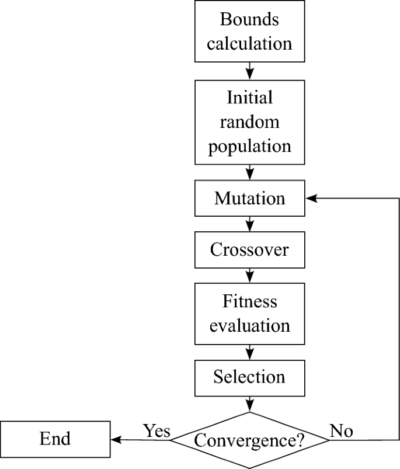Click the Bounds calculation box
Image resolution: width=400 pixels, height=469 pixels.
pos(250,32)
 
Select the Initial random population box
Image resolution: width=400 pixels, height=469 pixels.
pos(250,121)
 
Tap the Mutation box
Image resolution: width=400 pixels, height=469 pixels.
pos(250,198)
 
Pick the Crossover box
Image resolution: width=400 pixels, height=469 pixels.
pos(250,249)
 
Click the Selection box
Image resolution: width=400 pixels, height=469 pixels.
pos(250,377)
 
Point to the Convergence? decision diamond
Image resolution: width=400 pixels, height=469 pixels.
pos(250,439)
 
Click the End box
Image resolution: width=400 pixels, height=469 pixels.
pos(55,439)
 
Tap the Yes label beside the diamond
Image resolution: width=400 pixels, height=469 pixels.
pos(156,431)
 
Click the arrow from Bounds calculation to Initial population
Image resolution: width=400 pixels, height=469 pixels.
pos(250,71)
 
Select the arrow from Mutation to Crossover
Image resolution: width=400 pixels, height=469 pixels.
pos(250,224)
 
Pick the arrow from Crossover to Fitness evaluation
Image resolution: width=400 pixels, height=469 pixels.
pos(250,275)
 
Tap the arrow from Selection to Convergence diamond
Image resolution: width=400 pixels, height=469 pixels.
pos(250,402)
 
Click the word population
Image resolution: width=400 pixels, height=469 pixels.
pos(250,145)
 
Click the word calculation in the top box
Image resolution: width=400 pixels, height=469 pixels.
pos(250,43)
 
